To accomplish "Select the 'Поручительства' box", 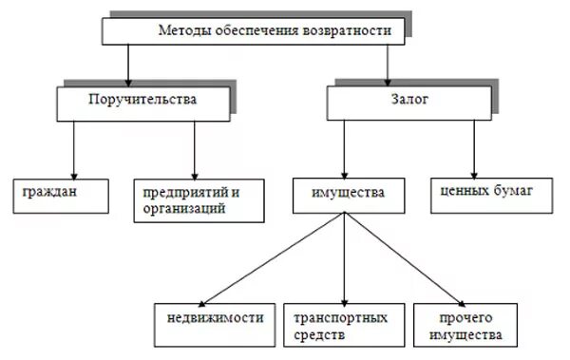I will pyautogui.click(x=142, y=101).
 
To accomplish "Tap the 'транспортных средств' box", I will pyautogui.click(x=343, y=325).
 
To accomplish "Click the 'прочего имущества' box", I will pyautogui.click(x=465, y=325).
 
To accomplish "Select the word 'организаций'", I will pyautogui.click(x=180, y=208).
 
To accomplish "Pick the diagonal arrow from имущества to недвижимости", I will pyautogui.click(x=275, y=256).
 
